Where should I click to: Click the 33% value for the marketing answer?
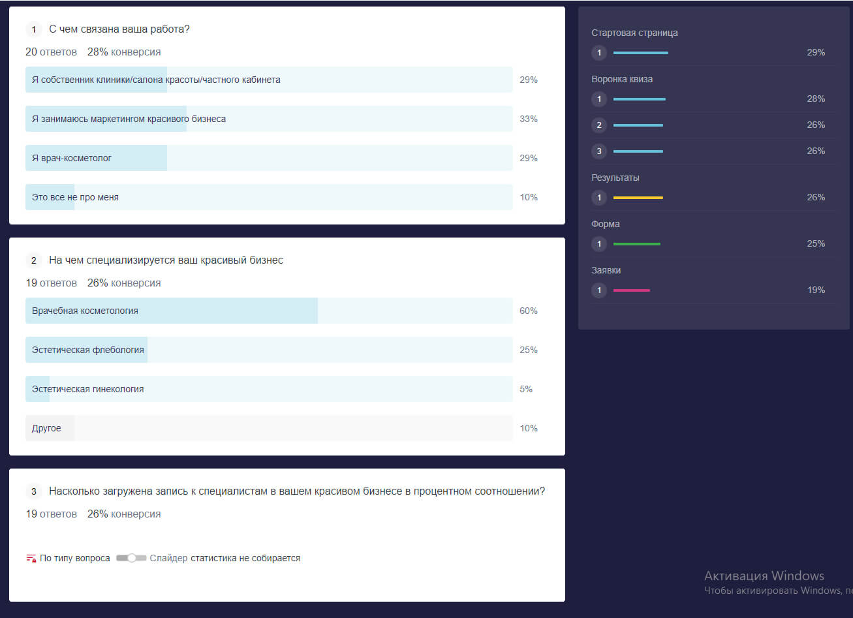528,119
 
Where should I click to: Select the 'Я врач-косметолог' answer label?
72,158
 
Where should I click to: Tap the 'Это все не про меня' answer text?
75,197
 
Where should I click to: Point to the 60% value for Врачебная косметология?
528,311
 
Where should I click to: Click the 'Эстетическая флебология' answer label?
87,350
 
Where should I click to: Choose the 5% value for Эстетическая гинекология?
526,389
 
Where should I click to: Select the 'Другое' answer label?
46,428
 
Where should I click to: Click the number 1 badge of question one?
34,29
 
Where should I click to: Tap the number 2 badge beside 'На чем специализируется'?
34,260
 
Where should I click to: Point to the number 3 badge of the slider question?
34,491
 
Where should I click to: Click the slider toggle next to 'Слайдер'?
131,558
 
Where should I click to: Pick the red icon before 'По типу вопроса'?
31,558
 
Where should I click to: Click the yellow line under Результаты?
638,197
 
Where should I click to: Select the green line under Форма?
636,243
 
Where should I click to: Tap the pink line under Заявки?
631,290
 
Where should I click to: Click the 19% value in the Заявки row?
816,290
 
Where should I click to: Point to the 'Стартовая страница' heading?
634,33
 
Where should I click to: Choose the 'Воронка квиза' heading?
622,79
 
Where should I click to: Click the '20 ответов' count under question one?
51,52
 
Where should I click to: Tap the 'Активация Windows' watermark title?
764,576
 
